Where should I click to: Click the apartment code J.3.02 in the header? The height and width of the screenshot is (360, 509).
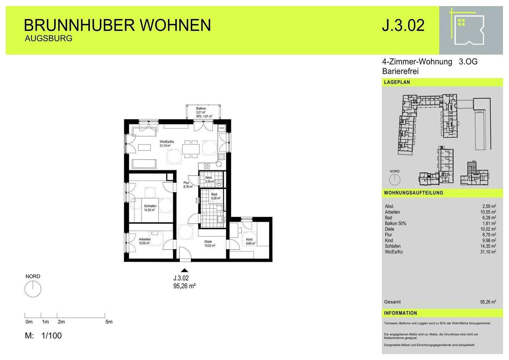pos(403,26)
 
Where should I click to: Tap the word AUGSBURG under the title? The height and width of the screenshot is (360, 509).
pos(48,39)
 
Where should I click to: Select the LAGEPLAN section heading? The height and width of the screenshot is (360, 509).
pos(397,82)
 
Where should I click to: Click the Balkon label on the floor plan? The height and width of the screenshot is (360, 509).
pos(201,108)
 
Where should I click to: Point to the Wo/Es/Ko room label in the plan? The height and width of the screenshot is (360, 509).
pos(167,141)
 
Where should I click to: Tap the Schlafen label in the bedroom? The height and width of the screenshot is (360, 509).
pos(150,206)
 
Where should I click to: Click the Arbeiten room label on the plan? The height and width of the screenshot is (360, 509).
pos(145,239)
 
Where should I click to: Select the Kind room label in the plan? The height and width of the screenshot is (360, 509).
pos(250,239)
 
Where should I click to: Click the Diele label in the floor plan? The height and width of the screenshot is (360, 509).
pos(208,242)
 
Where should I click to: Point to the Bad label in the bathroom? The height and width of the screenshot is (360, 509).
pos(214,194)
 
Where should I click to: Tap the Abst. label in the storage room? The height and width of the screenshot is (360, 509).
pos(209,178)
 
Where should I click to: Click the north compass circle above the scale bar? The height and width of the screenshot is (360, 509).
pos(33,289)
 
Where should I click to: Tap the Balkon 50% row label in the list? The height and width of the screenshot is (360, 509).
pos(396,223)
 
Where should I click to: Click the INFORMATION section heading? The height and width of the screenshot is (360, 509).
pos(400,313)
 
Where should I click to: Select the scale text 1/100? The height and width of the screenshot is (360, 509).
pos(52,336)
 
